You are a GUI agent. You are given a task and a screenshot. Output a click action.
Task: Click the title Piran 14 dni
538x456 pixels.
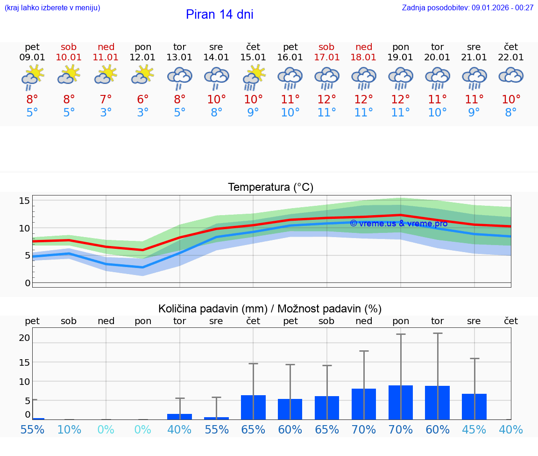(219, 14)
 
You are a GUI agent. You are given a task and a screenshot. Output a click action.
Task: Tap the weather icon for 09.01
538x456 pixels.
(32, 77)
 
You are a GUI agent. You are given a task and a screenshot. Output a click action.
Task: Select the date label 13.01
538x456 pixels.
(179, 58)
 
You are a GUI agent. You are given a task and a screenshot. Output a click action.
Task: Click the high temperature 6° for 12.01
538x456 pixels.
(143, 100)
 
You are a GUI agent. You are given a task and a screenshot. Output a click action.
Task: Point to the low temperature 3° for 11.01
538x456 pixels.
(106, 113)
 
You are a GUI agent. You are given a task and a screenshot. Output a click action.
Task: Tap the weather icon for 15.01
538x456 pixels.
(253, 77)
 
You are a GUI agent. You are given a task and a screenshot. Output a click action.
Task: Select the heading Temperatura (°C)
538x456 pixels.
(270, 188)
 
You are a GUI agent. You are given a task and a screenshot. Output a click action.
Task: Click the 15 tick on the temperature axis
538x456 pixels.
(25, 201)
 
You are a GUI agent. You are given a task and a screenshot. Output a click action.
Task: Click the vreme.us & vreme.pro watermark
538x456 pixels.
(398, 224)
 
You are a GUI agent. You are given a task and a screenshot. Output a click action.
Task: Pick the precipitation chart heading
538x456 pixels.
(270, 309)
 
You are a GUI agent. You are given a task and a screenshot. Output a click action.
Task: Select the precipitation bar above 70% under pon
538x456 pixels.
(401, 402)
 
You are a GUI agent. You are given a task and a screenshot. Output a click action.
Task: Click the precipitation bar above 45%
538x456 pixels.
(474, 406)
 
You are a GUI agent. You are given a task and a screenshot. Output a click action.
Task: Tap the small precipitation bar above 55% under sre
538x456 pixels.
(216, 418)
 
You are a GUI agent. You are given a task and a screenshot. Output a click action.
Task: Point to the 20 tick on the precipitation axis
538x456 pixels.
(25, 338)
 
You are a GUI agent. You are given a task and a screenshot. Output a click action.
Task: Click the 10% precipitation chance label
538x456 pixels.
(69, 429)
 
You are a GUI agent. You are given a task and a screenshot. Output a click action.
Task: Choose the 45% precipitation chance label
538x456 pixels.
(474, 429)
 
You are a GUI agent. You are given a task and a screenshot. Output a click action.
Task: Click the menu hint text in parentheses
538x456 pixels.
(52, 8)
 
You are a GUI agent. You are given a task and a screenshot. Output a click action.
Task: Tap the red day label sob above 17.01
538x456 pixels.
(326, 47)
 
